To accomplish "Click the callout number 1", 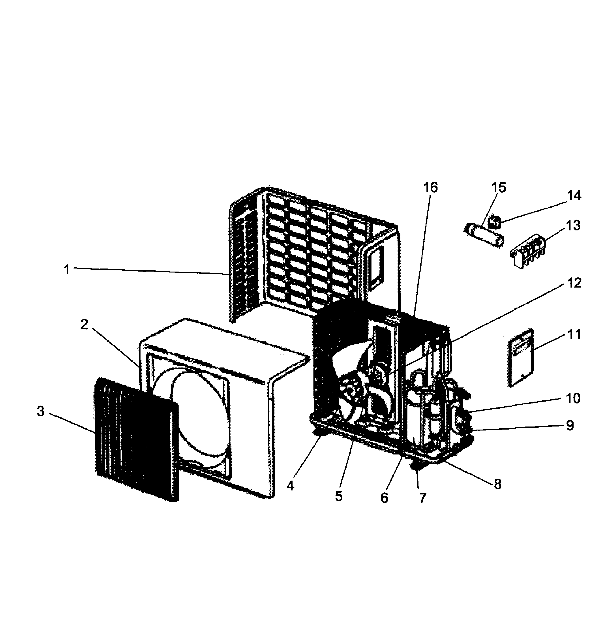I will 66,270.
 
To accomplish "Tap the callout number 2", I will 84,324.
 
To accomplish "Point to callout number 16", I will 430,188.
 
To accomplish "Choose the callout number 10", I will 573,398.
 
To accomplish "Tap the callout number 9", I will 570,425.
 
